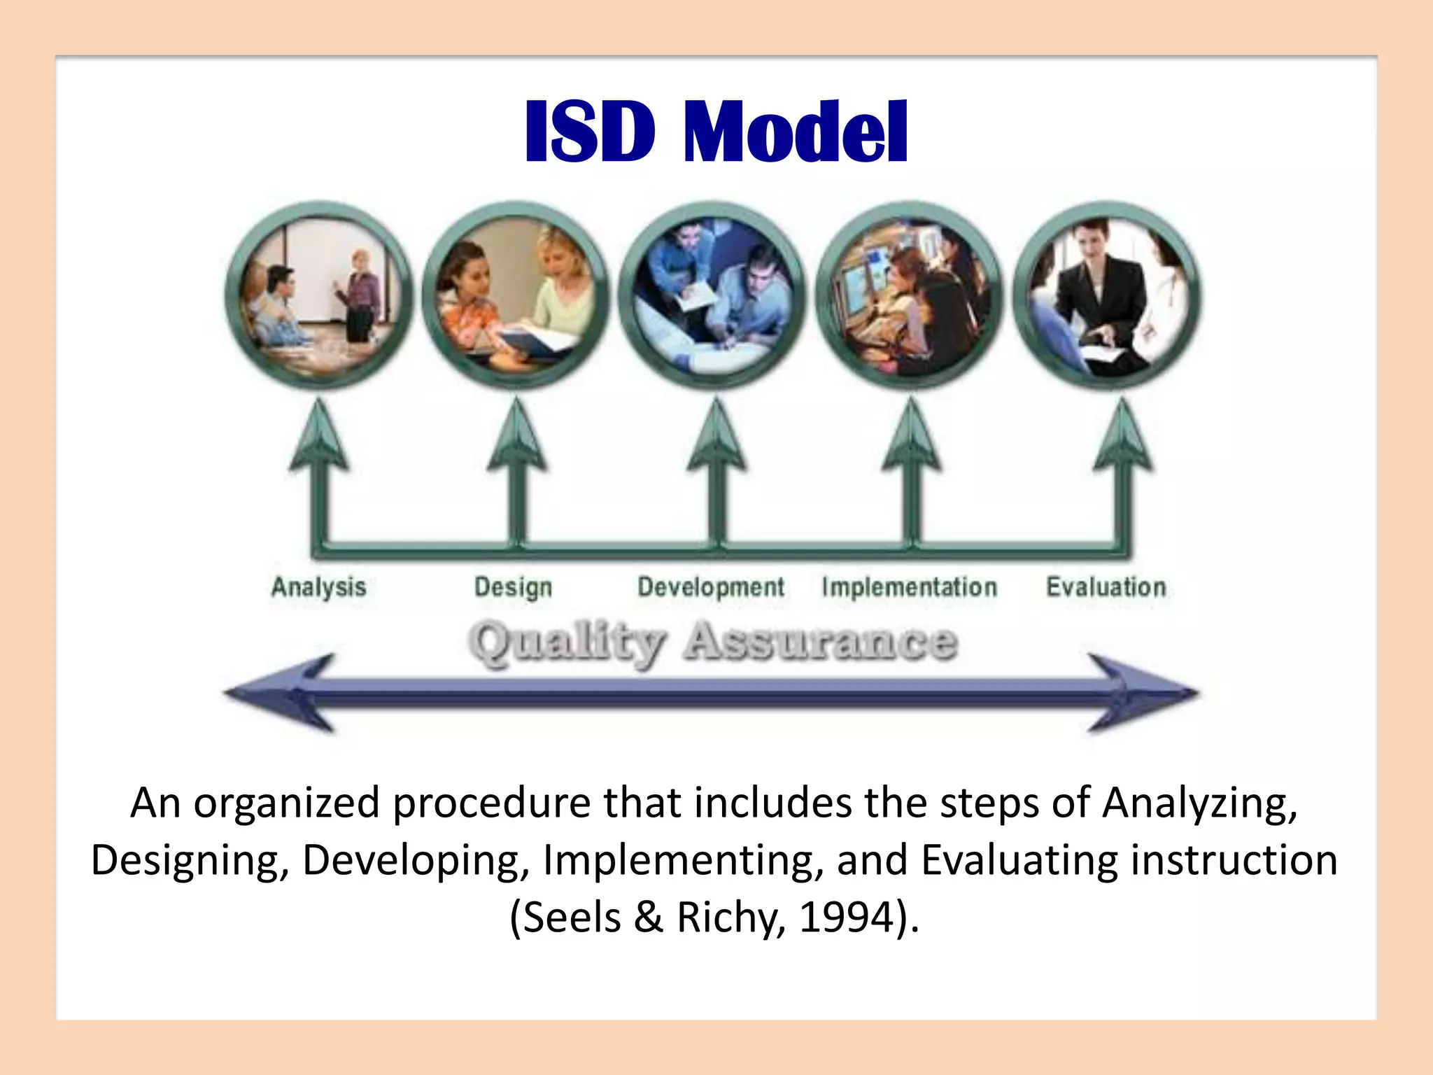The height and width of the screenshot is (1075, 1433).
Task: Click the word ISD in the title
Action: (x=590, y=132)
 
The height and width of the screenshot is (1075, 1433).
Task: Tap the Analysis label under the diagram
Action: (x=318, y=586)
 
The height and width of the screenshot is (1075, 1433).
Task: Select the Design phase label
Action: (x=513, y=586)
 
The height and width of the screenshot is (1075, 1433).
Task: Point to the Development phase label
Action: (x=710, y=586)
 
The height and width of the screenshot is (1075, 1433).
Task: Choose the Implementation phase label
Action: (x=909, y=586)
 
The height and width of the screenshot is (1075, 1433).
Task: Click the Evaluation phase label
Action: (x=1106, y=586)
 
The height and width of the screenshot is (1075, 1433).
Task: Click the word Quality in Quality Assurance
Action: (x=567, y=642)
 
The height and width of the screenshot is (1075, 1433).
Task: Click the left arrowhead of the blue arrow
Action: (x=280, y=693)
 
